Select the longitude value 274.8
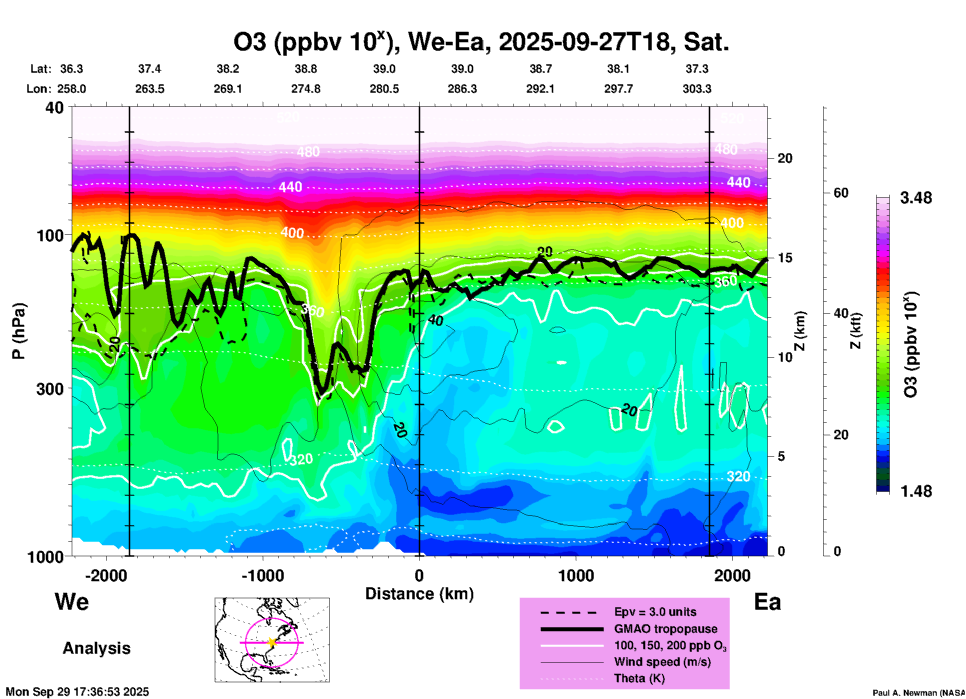point(306,89)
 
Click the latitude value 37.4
point(149,69)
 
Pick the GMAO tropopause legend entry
point(666,629)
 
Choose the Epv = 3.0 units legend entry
point(655,612)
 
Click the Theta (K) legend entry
point(639,678)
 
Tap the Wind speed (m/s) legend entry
point(662,662)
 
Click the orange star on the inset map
point(272,642)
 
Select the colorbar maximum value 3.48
point(916,198)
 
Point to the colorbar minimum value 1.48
point(916,491)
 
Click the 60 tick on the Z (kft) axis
point(841,193)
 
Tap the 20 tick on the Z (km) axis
point(785,158)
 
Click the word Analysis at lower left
point(96,648)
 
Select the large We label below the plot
point(72,601)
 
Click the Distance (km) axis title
point(419,594)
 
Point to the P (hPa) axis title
point(19,331)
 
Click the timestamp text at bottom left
point(77,692)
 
